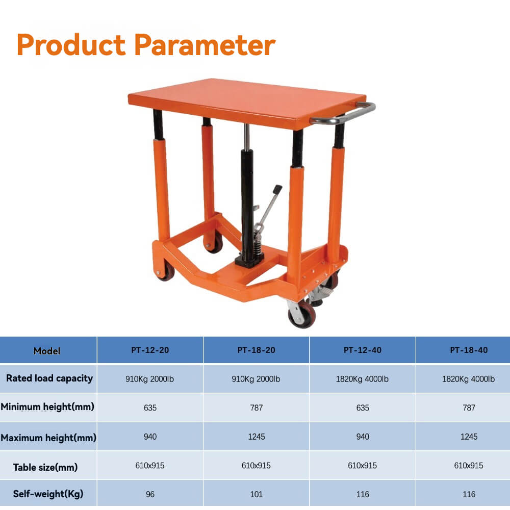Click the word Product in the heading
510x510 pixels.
click(x=71, y=44)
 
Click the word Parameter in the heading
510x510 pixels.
click(x=205, y=45)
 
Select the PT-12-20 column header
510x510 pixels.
click(x=150, y=350)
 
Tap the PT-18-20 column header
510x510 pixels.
click(x=257, y=350)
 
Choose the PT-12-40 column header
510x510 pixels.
click(x=362, y=350)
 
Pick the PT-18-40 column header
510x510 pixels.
click(x=469, y=350)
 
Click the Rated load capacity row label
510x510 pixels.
click(x=49, y=378)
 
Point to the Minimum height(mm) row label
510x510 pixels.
click(x=47, y=406)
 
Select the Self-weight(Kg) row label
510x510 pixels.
click(x=48, y=494)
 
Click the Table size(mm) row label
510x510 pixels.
click(x=45, y=467)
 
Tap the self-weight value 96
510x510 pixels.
click(x=150, y=494)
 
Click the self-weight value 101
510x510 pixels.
click(x=257, y=494)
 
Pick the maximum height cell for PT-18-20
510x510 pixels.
click(x=257, y=437)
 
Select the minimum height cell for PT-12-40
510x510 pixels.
click(x=363, y=407)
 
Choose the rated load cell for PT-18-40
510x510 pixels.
click(x=468, y=379)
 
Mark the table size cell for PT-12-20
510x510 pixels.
click(x=150, y=466)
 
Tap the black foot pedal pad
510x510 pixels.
click(x=277, y=189)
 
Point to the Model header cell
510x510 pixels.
click(x=47, y=351)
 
